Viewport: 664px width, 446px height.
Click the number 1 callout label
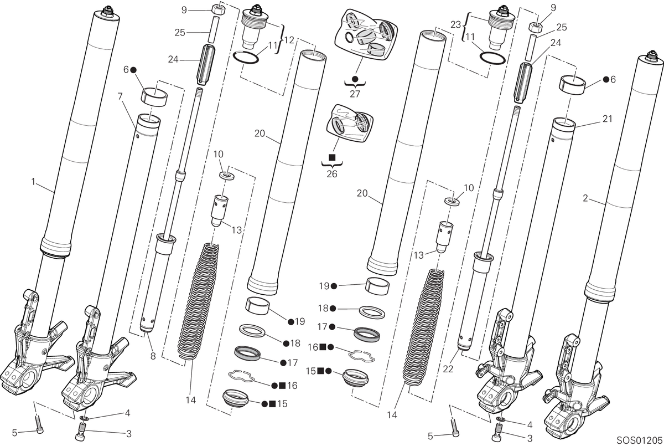pos(34,182)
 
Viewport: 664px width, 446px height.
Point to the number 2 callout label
pos(585,198)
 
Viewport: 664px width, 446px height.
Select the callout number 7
pos(120,96)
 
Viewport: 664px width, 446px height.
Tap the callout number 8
pos(153,356)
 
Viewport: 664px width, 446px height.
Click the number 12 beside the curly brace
pos(289,40)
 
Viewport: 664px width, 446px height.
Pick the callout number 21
pos(608,119)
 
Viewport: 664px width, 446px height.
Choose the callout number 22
pos(448,369)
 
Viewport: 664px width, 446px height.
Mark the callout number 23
pos(455,24)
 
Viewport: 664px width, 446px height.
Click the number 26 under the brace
pos(332,174)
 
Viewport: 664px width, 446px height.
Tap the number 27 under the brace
pos(355,94)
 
